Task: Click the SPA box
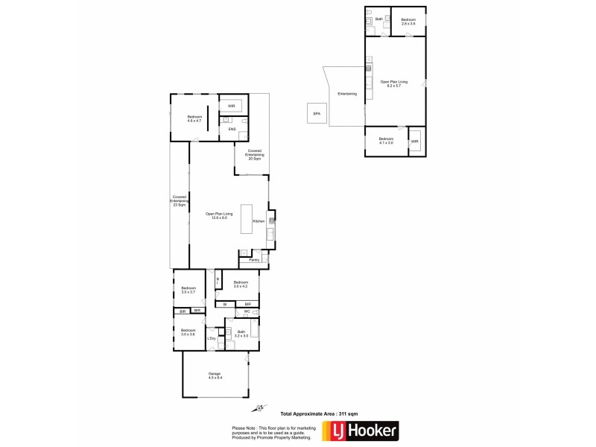pyautogui.click(x=315, y=113)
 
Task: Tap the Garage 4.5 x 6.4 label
pyautogui.click(x=215, y=376)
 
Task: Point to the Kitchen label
pyautogui.click(x=259, y=221)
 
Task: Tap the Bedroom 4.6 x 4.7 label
pyautogui.click(x=194, y=118)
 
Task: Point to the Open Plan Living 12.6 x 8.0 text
pyautogui.click(x=219, y=215)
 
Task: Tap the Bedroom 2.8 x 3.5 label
pyautogui.click(x=408, y=22)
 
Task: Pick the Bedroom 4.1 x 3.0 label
pyautogui.click(x=385, y=141)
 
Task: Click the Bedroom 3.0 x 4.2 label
pyautogui.click(x=240, y=284)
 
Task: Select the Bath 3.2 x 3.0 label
pyautogui.click(x=241, y=334)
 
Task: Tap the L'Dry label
pyautogui.click(x=211, y=338)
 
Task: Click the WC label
pyautogui.click(x=237, y=311)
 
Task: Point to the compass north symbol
pyautogui.click(x=259, y=408)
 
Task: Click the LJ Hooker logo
pyautogui.click(x=360, y=431)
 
